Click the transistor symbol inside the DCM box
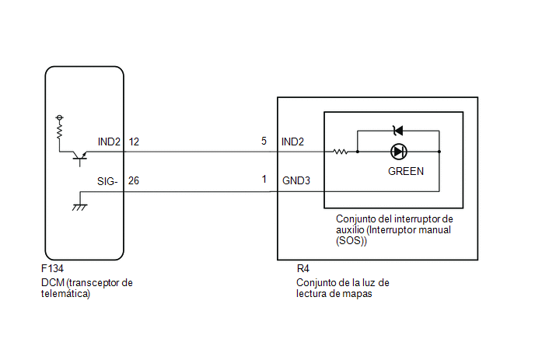80,156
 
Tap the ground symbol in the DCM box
80,207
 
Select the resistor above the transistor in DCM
60,131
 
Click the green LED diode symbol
398,152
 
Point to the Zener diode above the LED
398,131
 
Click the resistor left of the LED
340,152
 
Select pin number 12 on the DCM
134,142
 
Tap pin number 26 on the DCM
134,180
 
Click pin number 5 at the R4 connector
264,141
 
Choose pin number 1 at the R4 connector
264,179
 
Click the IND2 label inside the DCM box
109,142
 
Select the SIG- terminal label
107,181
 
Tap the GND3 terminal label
296,180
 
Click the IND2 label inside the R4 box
292,142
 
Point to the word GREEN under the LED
406,171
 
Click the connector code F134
52,268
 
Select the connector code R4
303,268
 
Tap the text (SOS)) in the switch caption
351,241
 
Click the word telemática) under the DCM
65,294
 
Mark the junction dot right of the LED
439,152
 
